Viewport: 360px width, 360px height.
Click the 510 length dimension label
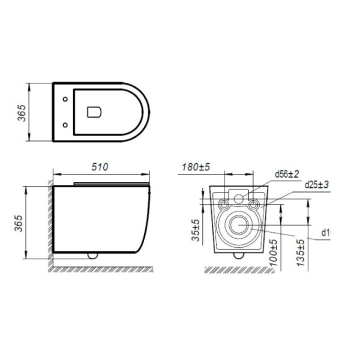click(100, 167)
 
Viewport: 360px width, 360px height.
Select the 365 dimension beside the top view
click(22, 113)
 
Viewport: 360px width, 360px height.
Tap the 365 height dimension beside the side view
click(19, 223)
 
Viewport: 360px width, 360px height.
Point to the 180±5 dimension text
click(196, 167)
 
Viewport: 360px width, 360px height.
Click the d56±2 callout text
click(287, 174)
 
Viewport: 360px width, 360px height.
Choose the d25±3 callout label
click(317, 184)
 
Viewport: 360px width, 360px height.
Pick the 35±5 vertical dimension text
click(196, 230)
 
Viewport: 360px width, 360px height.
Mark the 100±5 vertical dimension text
click(273, 253)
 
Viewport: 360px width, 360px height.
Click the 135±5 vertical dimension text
click(301, 253)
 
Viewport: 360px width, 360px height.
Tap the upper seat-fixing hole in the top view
click(65, 99)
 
